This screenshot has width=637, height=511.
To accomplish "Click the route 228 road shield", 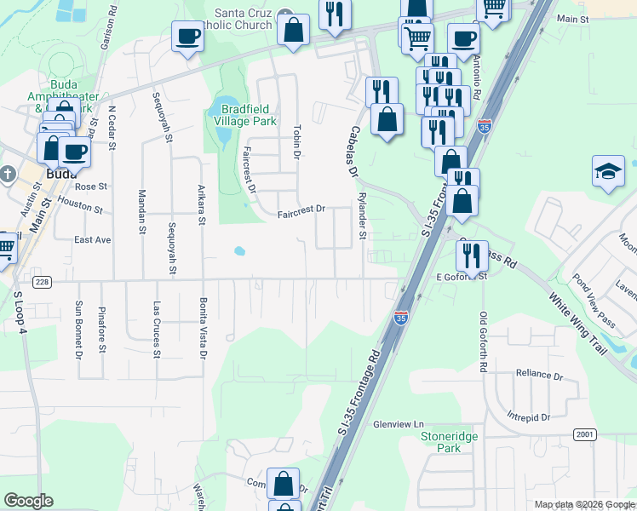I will tap(42, 281).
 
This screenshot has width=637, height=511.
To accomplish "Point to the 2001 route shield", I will tap(584, 434).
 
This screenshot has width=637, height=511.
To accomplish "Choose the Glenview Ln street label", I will tap(398, 424).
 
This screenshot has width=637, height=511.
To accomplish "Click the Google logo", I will tap(28, 501).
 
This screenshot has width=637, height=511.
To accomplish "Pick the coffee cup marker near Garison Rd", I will tap(187, 37).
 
